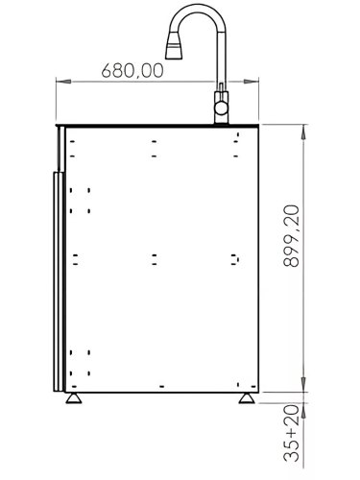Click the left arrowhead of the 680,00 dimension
click(x=60, y=82)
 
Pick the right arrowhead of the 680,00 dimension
click(x=219, y=82)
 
